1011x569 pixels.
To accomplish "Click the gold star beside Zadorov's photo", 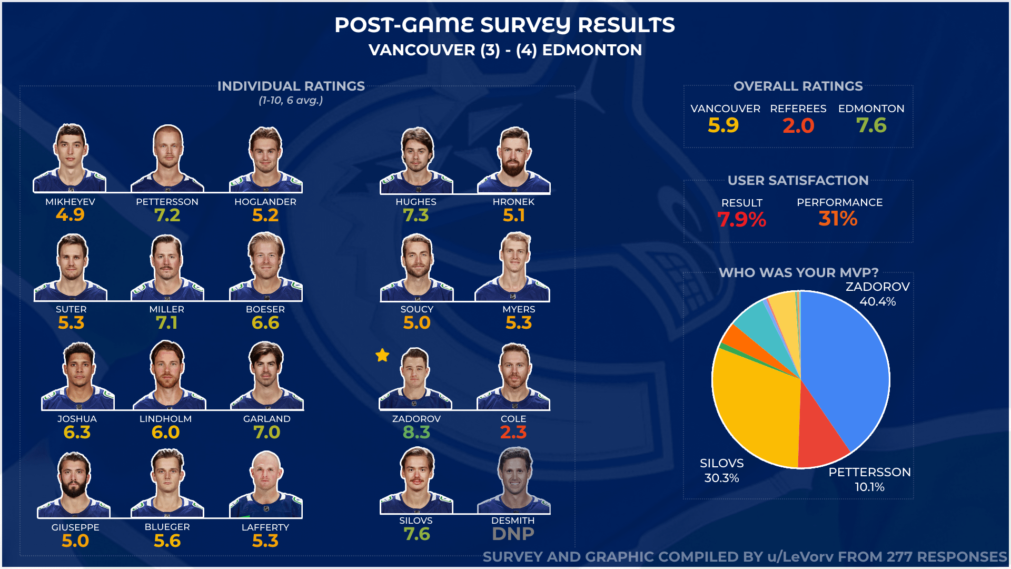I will pyautogui.click(x=382, y=356).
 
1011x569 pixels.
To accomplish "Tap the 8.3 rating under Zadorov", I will pyautogui.click(x=416, y=433).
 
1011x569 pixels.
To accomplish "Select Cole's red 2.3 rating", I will pyautogui.click(x=513, y=433).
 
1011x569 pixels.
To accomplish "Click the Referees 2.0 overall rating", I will pyautogui.click(x=798, y=126).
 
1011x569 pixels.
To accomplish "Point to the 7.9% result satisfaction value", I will pyautogui.click(x=741, y=219).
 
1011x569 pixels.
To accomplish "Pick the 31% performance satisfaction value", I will pyautogui.click(x=838, y=219).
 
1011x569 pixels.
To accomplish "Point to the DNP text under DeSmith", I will pyautogui.click(x=513, y=534).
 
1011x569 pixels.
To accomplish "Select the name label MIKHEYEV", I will pyautogui.click(x=70, y=202).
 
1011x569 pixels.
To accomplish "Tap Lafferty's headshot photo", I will pyautogui.click(x=266, y=484).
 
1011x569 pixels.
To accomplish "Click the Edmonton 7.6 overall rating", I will pyautogui.click(x=871, y=126).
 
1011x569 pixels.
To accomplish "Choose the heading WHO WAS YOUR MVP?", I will pyautogui.click(x=798, y=272).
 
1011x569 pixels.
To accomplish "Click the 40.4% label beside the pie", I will pyautogui.click(x=877, y=301).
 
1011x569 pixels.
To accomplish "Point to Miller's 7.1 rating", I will pyautogui.click(x=166, y=323).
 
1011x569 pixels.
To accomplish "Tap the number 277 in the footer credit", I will pyautogui.click(x=900, y=557).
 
